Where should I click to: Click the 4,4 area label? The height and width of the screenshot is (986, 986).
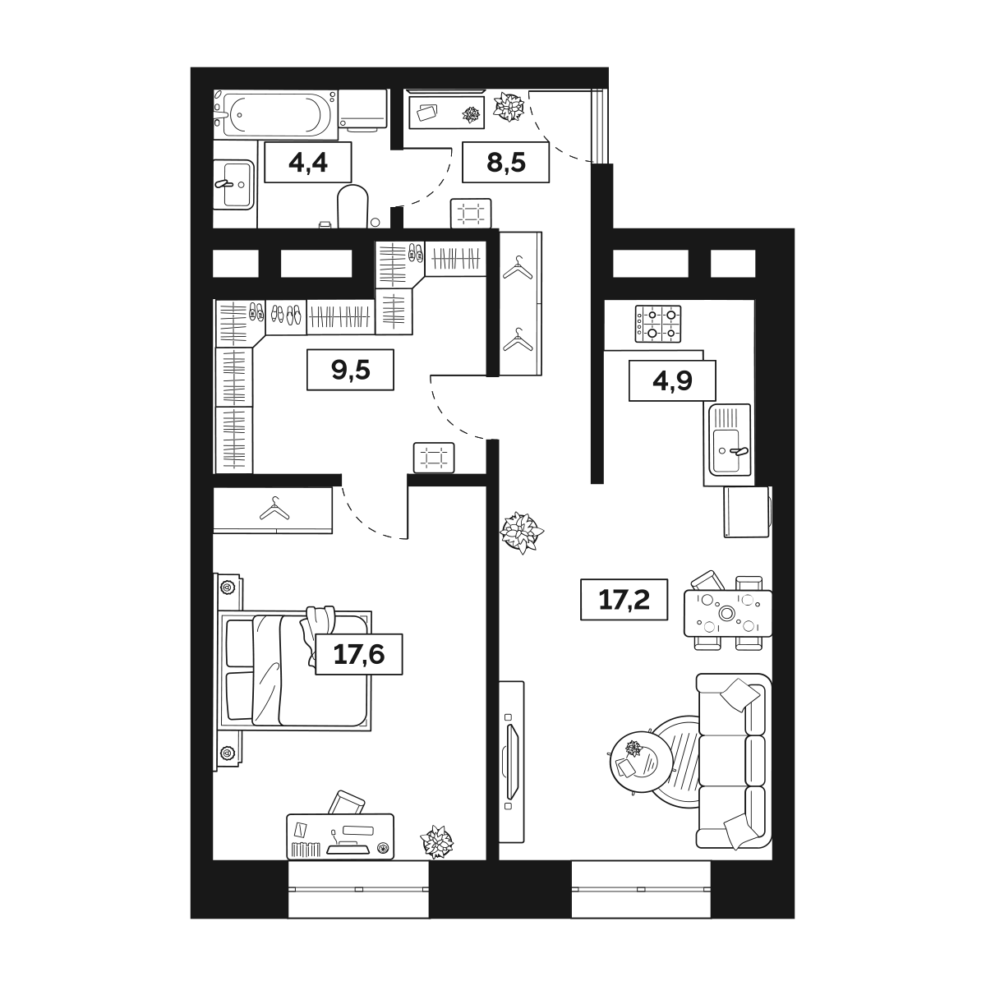pyautogui.click(x=308, y=163)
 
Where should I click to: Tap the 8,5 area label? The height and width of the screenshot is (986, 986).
pyautogui.click(x=506, y=163)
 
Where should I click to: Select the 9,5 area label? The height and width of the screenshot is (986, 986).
pyautogui.click(x=351, y=370)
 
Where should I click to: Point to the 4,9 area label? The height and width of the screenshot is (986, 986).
pyautogui.click(x=672, y=380)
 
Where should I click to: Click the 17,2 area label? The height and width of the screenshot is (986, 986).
pyautogui.click(x=624, y=599)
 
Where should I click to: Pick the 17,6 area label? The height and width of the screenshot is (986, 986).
pyautogui.click(x=359, y=654)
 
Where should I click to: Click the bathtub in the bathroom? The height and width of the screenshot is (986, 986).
pyautogui.click(x=275, y=114)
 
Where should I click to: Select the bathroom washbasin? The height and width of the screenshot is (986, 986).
pyautogui.click(x=233, y=184)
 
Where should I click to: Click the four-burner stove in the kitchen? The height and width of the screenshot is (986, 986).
pyautogui.click(x=658, y=324)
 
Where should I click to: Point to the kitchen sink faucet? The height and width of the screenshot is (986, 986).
pyautogui.click(x=739, y=451)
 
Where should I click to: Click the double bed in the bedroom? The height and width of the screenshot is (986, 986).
pyautogui.click(x=295, y=670)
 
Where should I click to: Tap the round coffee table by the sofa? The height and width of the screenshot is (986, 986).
pyautogui.click(x=642, y=763)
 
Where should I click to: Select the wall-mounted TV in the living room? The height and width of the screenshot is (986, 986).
pyautogui.click(x=512, y=762)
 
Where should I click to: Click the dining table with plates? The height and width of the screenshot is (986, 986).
pyautogui.click(x=728, y=613)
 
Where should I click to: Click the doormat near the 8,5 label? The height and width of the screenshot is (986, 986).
pyautogui.click(x=471, y=213)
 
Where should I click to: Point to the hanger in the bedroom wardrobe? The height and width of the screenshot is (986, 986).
pyautogui.click(x=274, y=509)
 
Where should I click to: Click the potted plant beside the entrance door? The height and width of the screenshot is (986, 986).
pyautogui.click(x=509, y=107)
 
